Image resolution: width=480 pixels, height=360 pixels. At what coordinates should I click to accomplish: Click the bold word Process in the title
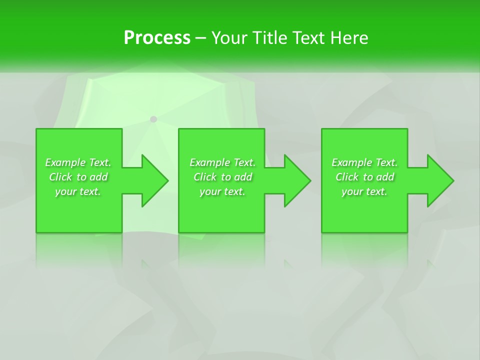[x=157, y=38]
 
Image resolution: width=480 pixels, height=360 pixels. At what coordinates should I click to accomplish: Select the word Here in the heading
[x=349, y=38]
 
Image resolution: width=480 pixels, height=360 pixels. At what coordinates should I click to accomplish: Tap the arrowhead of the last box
[x=439, y=180]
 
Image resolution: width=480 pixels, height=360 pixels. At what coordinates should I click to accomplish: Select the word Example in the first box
[x=65, y=162]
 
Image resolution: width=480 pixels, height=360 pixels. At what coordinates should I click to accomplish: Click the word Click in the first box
[x=60, y=177]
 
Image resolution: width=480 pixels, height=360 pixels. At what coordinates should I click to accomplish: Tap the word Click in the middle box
[x=205, y=177]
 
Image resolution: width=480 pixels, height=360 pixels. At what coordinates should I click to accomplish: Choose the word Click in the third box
[x=347, y=177]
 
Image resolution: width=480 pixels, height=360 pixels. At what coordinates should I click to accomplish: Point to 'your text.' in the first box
[x=78, y=191]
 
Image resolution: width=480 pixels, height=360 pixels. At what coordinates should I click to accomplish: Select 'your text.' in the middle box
[x=222, y=191]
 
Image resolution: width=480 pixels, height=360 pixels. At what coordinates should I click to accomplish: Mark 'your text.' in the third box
[x=364, y=191]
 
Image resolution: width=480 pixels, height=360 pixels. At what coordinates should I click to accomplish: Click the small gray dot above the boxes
[x=153, y=119]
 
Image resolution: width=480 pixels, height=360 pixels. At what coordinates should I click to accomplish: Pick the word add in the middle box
[x=243, y=177]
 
